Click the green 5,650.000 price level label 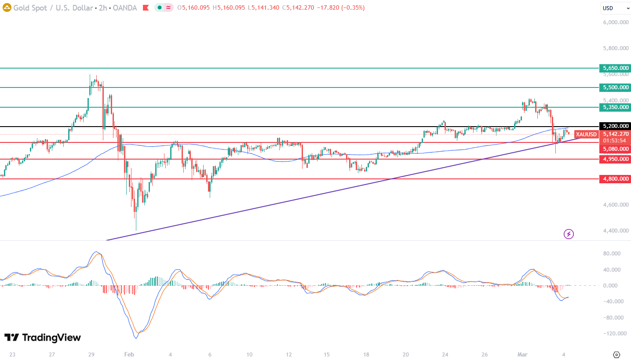tap(615, 68)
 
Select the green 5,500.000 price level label tap(615, 87)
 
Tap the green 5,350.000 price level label tap(615, 107)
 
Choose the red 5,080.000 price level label tap(615, 149)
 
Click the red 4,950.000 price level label tap(615, 159)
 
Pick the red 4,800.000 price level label tap(615, 179)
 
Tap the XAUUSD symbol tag tap(587, 135)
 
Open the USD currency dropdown tap(615, 8)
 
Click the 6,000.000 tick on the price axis tap(615, 22)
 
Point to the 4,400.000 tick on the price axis tap(615, 231)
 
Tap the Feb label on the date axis tap(128, 354)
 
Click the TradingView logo tap(43, 338)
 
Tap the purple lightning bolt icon tap(569, 234)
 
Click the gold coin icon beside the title tap(7, 7)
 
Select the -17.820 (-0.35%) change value tap(340, 8)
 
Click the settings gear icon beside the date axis tap(616, 354)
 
